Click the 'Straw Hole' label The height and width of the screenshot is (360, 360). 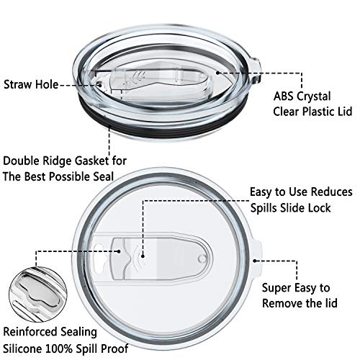tap(31, 84)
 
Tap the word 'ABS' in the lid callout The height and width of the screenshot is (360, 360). tap(283, 96)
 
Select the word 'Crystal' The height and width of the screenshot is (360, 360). tap(314, 96)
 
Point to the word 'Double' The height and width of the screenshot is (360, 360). tap(22, 161)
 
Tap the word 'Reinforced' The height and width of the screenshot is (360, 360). tap(30, 332)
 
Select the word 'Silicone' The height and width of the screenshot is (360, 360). tap(22, 348)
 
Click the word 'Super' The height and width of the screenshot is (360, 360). tap(276, 288)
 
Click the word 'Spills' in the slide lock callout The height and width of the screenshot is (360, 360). tap(264, 208)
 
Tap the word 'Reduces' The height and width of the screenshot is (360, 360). tap(332, 192)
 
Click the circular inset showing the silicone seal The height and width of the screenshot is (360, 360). tap(38, 294)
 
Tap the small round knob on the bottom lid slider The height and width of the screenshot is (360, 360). tap(202, 258)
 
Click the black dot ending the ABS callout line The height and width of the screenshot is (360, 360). tap(217, 73)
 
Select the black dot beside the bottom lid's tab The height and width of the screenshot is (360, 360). tap(255, 261)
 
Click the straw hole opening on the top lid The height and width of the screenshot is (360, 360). tap(99, 84)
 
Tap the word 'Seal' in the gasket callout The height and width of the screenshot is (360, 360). tap(103, 176)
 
